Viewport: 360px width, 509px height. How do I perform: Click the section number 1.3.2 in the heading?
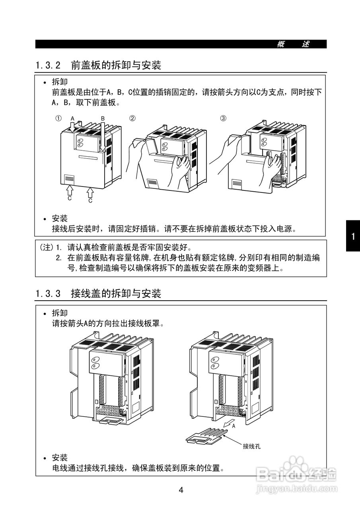click(x=48, y=66)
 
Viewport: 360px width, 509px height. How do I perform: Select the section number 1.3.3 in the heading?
click(x=48, y=294)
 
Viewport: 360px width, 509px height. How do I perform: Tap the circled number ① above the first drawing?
click(x=58, y=118)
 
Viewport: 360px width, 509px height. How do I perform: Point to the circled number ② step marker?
click(x=132, y=118)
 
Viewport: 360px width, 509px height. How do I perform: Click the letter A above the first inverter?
click(x=72, y=119)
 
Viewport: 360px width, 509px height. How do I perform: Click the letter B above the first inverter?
click(x=103, y=119)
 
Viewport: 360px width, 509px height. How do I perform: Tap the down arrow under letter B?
click(x=103, y=137)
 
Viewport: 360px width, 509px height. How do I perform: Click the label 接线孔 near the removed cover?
click(x=251, y=446)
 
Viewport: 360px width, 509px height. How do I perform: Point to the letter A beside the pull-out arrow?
click(x=234, y=425)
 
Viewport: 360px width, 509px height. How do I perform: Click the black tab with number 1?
click(x=352, y=237)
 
